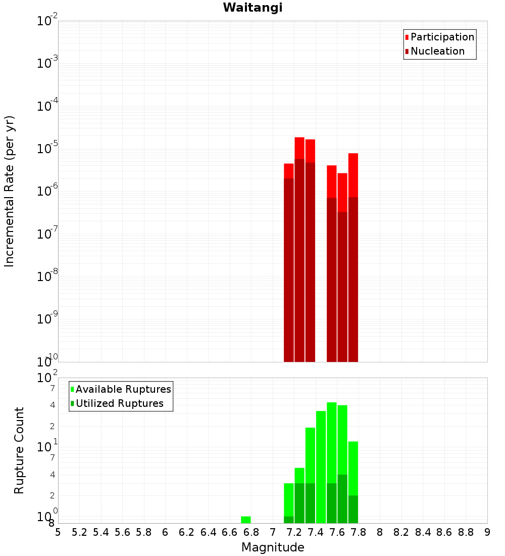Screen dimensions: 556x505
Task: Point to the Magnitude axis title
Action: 273,547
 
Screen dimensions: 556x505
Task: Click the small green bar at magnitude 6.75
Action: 246,520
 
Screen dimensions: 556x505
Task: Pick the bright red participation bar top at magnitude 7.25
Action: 299,148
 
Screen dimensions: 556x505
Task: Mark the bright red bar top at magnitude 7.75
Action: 353,174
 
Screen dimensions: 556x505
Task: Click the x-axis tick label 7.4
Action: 316,532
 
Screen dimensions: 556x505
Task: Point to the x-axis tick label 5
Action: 58,532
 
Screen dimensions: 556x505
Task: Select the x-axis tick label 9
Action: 487,532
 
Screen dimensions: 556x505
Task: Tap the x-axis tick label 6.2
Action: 187,532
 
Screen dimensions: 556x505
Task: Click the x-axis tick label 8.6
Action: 444,532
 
